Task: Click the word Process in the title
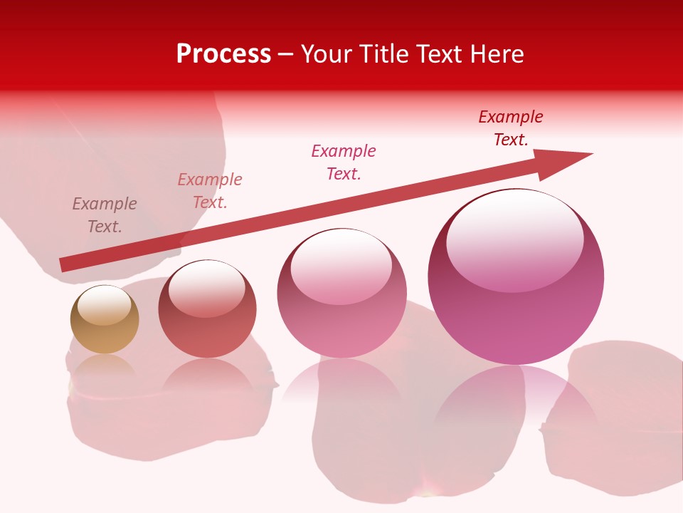pos(223,54)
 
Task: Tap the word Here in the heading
pos(496,54)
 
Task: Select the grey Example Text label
pos(105,215)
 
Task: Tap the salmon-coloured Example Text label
pos(210,191)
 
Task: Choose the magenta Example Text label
pos(344,162)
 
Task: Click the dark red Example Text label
pos(511,128)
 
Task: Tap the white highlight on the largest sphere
pos(514,239)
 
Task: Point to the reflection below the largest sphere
pos(516,399)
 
